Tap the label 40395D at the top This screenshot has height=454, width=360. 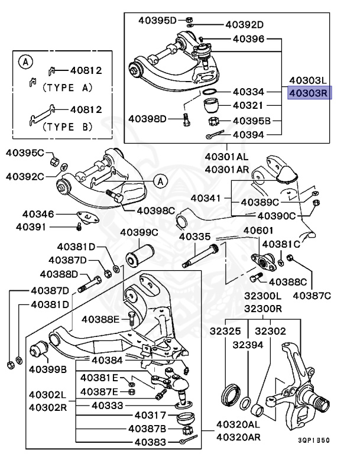157,21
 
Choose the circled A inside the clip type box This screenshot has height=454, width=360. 24,61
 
